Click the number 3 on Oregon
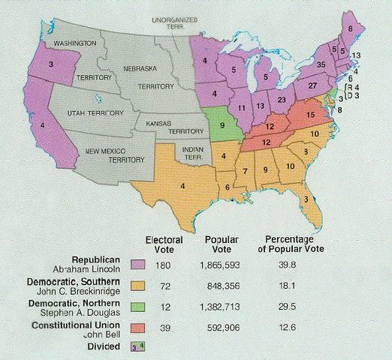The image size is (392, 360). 51,64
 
